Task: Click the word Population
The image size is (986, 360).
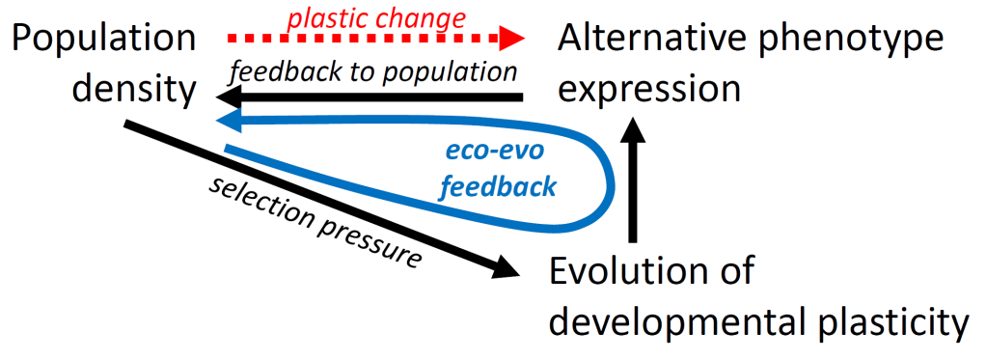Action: [105, 41]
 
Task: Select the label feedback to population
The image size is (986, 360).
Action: [372, 71]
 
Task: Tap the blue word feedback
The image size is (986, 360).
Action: [498, 186]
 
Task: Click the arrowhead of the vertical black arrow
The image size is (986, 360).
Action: [633, 129]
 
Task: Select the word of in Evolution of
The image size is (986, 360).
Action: [736, 272]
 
